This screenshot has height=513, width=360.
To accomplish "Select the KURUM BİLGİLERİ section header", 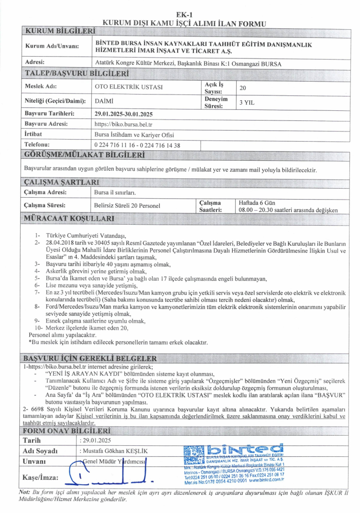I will point(60,32).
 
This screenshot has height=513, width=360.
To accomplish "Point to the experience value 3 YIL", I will point(247,102).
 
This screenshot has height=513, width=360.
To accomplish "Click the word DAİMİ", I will point(104,101).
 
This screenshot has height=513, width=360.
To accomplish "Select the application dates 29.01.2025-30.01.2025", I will point(124,114).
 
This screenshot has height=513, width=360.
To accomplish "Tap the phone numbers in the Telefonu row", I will point(138,144).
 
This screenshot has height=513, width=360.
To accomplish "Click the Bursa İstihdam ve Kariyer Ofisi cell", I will point(127,134).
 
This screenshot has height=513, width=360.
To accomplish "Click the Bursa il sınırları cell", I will point(116,192).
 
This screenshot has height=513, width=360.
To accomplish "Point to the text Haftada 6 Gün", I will point(257,203).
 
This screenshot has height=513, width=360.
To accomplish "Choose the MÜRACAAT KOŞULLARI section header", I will point(70,219).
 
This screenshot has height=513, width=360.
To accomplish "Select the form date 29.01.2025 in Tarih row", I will point(96,440).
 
